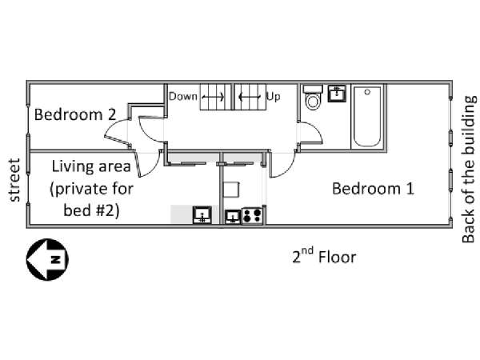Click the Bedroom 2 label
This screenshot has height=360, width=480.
[x=75, y=114]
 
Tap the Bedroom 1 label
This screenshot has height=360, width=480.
[x=373, y=188]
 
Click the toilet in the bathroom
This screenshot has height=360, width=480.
[x=313, y=97]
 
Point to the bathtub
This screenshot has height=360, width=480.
[x=367, y=116]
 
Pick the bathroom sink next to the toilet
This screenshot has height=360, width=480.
[x=337, y=94]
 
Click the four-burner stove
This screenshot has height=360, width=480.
[x=253, y=215]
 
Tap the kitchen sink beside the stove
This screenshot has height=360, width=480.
[x=233, y=217]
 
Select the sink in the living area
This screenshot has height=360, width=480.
[x=202, y=215]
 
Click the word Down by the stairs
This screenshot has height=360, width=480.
[x=183, y=97]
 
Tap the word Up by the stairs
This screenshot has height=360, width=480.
[x=273, y=97]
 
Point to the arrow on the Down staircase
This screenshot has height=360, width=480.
[x=213, y=97]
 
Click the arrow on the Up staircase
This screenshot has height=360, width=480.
[x=250, y=97]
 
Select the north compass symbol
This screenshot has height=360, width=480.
[x=47, y=259]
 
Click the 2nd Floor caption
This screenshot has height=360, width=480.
[x=324, y=256]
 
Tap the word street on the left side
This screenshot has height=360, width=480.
[x=14, y=180]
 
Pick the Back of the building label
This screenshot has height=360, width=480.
[x=469, y=170]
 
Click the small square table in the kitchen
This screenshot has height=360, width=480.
[x=231, y=190]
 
